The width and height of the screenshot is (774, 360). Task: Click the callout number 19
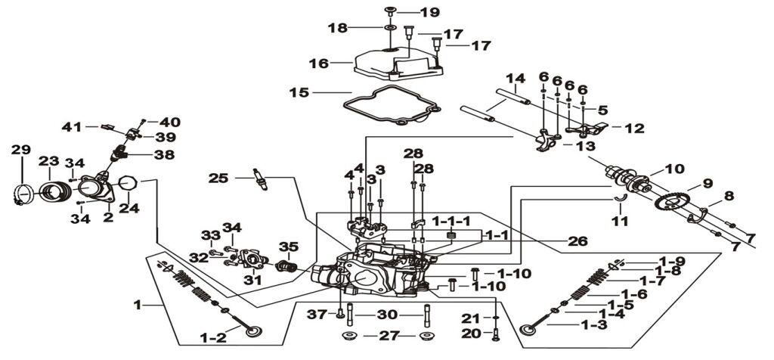[430, 12]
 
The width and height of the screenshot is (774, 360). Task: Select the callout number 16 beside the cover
[318, 64]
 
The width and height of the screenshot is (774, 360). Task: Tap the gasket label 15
[300, 93]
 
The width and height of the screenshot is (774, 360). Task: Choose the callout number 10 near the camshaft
[673, 169]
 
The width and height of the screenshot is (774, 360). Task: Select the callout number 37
[317, 314]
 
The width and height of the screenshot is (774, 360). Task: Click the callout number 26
[577, 241]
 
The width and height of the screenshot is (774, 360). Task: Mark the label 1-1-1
[451, 220]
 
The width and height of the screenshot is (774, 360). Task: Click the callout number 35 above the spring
[289, 245]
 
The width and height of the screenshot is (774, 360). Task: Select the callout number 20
[470, 334]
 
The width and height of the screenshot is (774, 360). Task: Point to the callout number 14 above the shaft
[515, 79]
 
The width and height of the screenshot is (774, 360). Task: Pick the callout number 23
[49, 161]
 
